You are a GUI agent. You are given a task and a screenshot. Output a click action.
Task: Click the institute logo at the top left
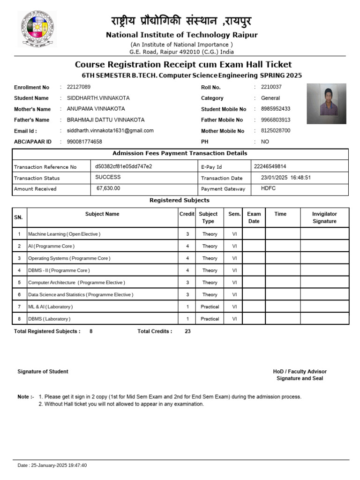37,30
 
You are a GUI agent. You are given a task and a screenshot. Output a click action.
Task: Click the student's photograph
326,100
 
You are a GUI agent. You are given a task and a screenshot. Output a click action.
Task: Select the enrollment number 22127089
79,87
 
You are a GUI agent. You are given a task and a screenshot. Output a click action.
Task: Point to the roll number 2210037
271,87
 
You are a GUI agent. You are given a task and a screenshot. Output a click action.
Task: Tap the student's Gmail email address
110,131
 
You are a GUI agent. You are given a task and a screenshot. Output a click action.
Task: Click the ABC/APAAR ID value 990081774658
84,142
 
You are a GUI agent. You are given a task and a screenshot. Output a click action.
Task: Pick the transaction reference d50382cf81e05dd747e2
123,166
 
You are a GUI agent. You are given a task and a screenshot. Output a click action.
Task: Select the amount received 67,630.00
108,188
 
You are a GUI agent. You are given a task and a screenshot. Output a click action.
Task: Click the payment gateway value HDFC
269,188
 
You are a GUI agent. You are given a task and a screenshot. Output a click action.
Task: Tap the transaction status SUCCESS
108,177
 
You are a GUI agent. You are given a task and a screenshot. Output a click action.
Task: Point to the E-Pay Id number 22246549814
270,166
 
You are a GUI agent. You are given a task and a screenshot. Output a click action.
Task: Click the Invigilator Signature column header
324,217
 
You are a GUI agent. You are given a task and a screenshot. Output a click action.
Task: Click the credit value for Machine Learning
187,234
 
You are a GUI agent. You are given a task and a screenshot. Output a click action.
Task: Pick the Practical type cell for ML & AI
210,307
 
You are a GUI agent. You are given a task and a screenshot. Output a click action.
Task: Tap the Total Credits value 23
187,331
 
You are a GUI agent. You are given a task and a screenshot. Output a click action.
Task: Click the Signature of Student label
43,372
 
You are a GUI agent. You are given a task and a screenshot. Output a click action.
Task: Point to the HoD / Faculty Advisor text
300,372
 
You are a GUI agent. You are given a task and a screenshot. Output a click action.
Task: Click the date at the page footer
52,465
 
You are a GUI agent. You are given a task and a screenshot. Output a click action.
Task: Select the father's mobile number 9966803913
275,120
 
